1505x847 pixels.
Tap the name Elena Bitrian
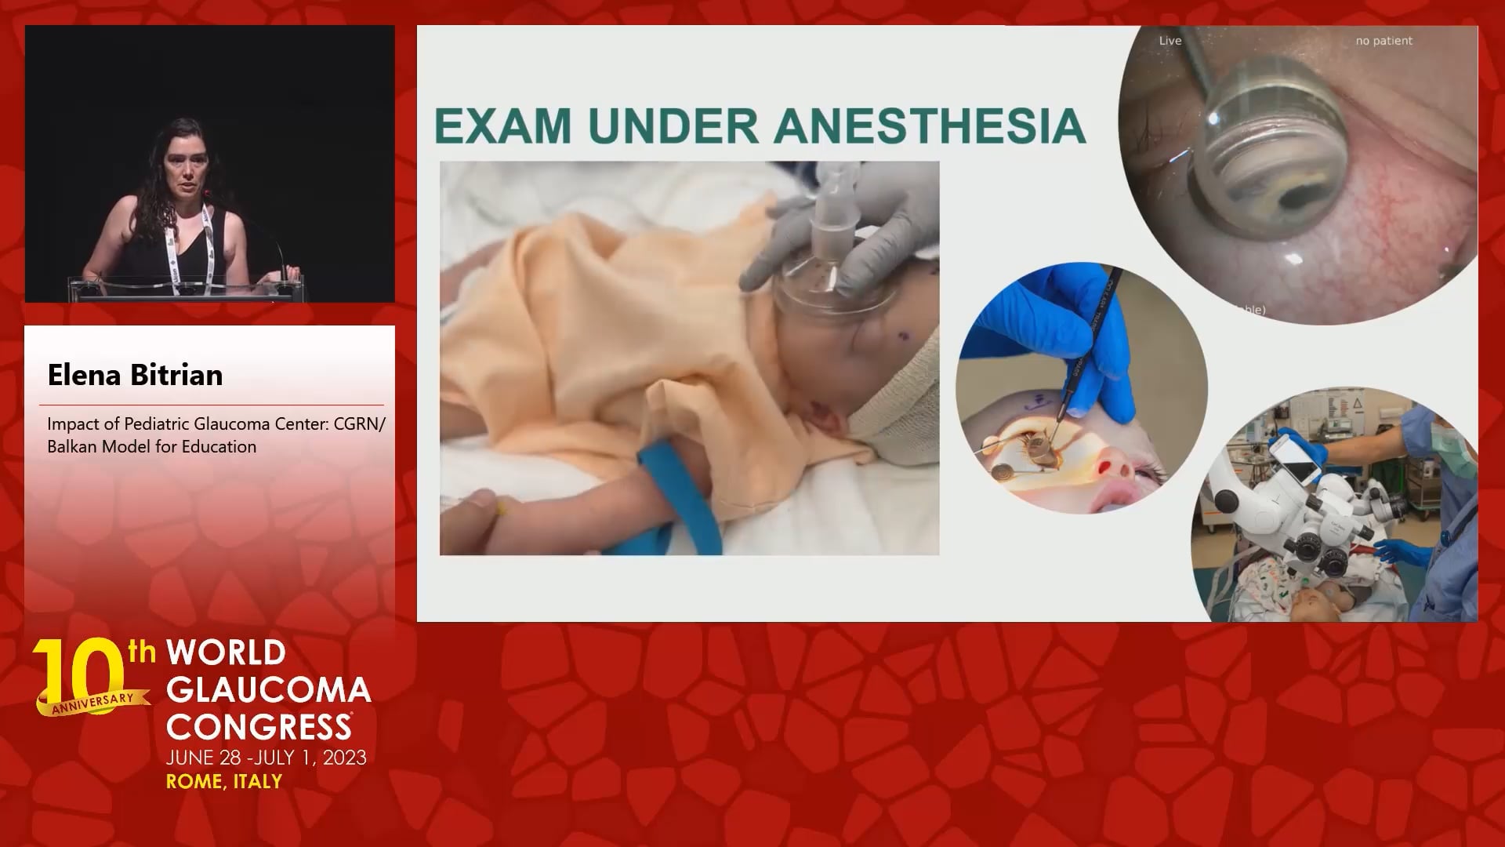tap(135, 375)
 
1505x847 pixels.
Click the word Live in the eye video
tap(1170, 41)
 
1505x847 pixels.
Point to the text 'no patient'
tap(1384, 41)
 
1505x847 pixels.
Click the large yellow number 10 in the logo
tap(81, 673)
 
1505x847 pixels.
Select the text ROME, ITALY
tap(224, 781)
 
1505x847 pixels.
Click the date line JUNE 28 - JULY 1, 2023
tap(267, 758)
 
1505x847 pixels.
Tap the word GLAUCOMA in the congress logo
tap(269, 689)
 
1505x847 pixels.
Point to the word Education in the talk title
tap(222, 446)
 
